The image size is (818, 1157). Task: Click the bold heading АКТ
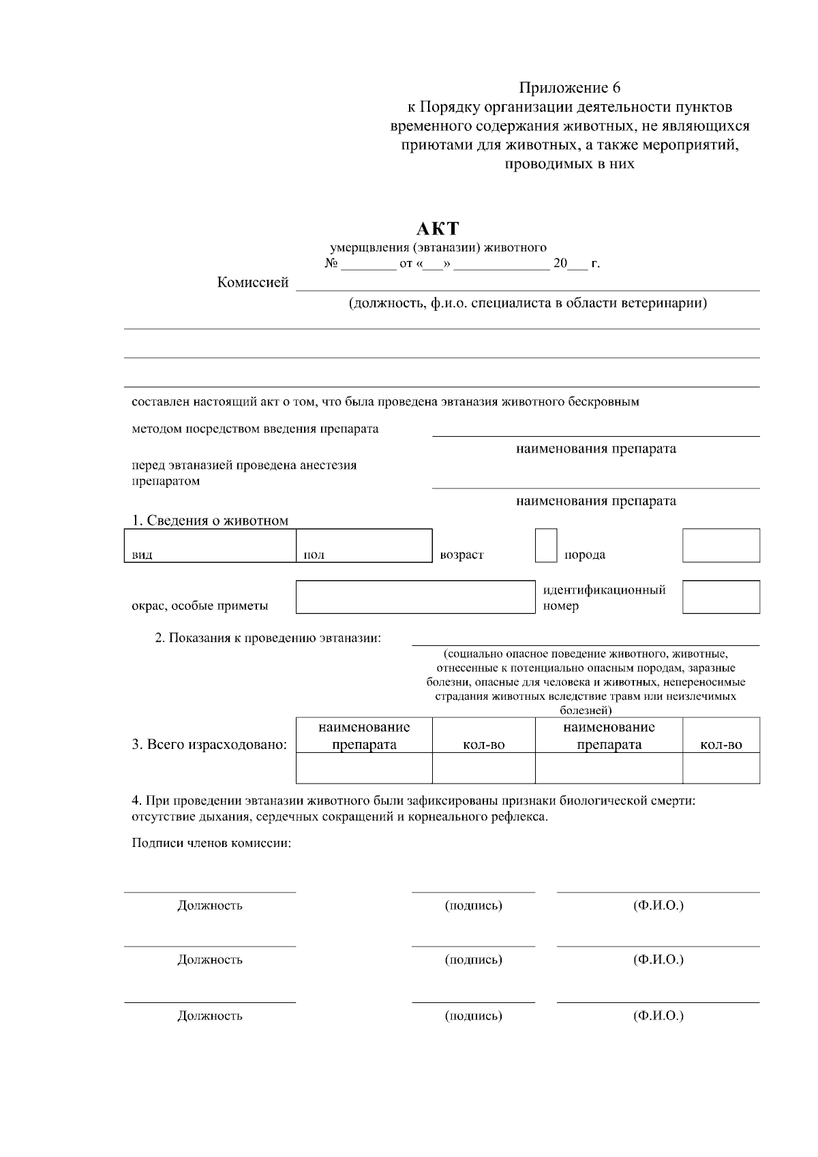click(x=438, y=229)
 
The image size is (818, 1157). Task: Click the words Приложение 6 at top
click(x=570, y=88)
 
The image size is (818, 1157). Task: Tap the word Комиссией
click(x=253, y=282)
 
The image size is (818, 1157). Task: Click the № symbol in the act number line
click(x=332, y=264)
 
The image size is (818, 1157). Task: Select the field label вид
click(x=142, y=555)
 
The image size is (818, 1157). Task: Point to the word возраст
click(x=461, y=554)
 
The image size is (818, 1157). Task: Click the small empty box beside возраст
click(x=546, y=545)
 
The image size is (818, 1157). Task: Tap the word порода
click(x=584, y=554)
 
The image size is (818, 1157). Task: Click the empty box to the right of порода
click(x=721, y=545)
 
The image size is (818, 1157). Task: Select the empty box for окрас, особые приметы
click(x=415, y=597)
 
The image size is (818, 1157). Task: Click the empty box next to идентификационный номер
click(x=721, y=597)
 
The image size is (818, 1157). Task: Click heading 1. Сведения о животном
click(x=210, y=521)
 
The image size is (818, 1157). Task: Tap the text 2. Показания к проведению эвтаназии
click(x=268, y=638)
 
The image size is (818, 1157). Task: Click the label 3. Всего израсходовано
click(x=209, y=744)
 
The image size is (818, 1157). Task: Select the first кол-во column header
click(x=483, y=745)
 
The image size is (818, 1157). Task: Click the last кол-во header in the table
click(x=721, y=745)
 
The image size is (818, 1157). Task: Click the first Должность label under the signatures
click(x=210, y=906)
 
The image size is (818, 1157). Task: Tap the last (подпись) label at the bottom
click(x=473, y=1016)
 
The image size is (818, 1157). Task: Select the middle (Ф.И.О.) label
click(x=658, y=959)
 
